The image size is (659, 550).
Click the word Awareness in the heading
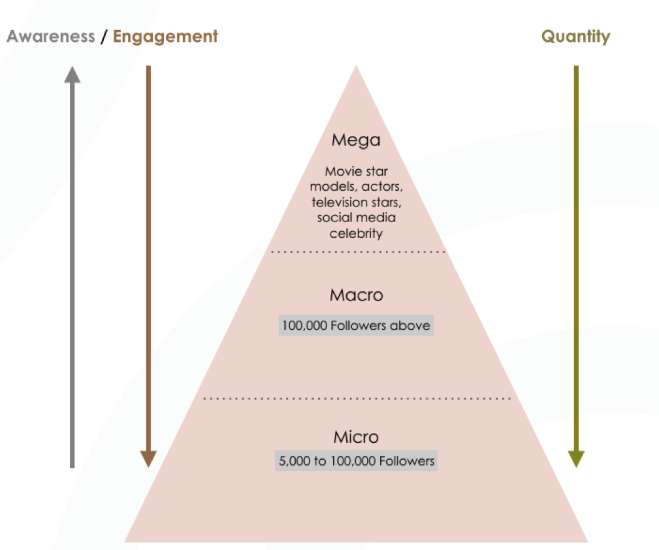(x=51, y=36)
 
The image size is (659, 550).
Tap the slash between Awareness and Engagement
(x=104, y=37)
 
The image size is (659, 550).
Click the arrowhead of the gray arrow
(x=72, y=74)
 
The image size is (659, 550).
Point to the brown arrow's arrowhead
(x=148, y=459)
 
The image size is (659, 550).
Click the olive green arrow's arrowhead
(x=576, y=459)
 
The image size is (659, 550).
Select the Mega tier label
(x=356, y=140)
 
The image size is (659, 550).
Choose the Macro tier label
(x=357, y=295)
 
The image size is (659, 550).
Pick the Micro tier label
(x=357, y=437)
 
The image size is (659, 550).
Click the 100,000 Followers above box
(x=356, y=325)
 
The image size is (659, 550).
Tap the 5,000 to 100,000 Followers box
(x=357, y=461)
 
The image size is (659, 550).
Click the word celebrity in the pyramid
(x=356, y=234)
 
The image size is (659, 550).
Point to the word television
(x=339, y=202)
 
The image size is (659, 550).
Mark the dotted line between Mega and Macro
(x=358, y=252)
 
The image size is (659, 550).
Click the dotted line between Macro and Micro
(x=357, y=398)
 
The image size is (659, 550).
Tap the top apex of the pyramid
(x=357, y=65)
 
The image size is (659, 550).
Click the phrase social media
(x=357, y=218)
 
